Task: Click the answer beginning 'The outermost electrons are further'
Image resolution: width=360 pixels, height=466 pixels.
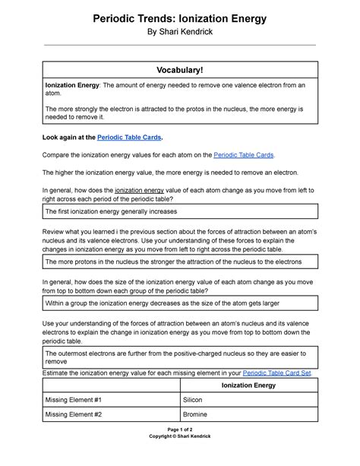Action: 179,357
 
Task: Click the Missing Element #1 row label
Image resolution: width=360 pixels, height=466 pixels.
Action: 74,399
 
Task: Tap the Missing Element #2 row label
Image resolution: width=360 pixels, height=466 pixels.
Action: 74,414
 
